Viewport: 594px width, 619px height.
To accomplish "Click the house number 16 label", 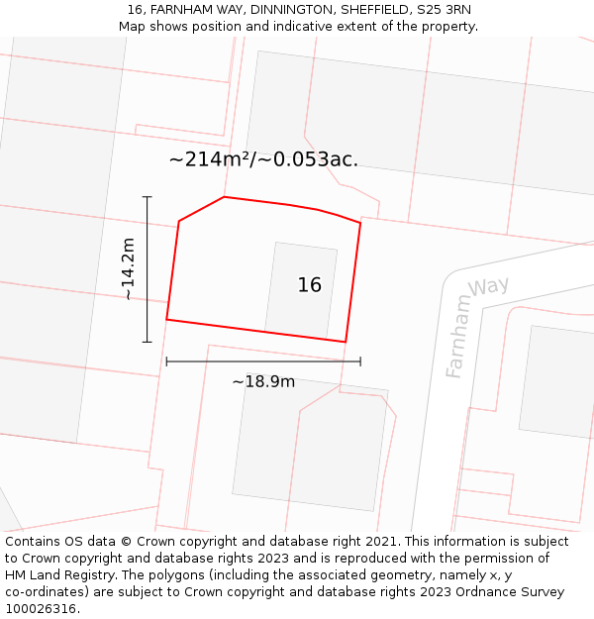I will tap(309, 285).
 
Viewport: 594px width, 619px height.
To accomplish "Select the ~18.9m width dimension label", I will tap(263, 381).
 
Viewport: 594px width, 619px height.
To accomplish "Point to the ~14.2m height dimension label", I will tap(128, 268).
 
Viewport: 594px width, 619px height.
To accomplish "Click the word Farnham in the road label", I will tap(457, 337).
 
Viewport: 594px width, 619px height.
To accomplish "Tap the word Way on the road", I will tap(489, 287).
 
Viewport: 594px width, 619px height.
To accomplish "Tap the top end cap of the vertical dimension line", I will tap(148, 197).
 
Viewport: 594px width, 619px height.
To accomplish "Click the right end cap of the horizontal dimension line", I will tap(360, 361).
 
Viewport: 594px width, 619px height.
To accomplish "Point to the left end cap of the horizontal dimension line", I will tap(166, 361).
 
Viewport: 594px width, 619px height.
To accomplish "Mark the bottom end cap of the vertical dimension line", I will tap(148, 343).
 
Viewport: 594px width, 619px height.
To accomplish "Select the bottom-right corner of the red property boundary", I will tap(346, 342).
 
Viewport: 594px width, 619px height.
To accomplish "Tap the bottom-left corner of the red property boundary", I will tap(166, 319).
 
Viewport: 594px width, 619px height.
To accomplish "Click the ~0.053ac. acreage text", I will tap(312, 158).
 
